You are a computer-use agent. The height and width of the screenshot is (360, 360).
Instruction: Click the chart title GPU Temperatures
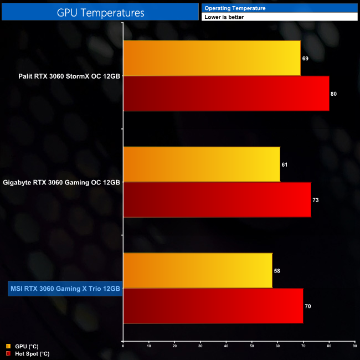tap(100, 12)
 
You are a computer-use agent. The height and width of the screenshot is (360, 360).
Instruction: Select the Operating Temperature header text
tap(235, 8)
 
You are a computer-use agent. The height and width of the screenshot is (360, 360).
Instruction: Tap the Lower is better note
tap(224, 17)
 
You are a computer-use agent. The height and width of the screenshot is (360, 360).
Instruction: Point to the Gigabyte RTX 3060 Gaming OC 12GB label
tap(61, 182)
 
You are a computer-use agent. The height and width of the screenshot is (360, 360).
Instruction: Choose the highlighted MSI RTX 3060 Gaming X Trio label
tap(65, 289)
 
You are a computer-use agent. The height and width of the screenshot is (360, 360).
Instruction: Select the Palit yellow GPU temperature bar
tap(212, 58)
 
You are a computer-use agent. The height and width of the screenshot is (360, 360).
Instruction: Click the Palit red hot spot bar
tap(226, 94)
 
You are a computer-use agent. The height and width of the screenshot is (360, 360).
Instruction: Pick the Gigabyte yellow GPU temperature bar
tap(201, 164)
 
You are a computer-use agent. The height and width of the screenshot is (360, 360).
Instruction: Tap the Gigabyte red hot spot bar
tap(217, 200)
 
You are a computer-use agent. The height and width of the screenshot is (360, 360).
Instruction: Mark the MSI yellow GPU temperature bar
tap(197, 270)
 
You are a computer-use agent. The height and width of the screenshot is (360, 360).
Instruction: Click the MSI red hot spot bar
tap(213, 306)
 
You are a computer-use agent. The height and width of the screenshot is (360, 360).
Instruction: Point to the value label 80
tap(333, 94)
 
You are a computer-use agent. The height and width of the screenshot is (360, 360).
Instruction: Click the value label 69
tap(305, 58)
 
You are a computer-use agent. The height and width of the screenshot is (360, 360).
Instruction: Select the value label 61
tap(285, 164)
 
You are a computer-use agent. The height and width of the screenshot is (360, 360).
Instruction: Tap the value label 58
tap(277, 270)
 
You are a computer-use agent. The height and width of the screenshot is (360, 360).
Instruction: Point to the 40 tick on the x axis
tap(226, 346)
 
